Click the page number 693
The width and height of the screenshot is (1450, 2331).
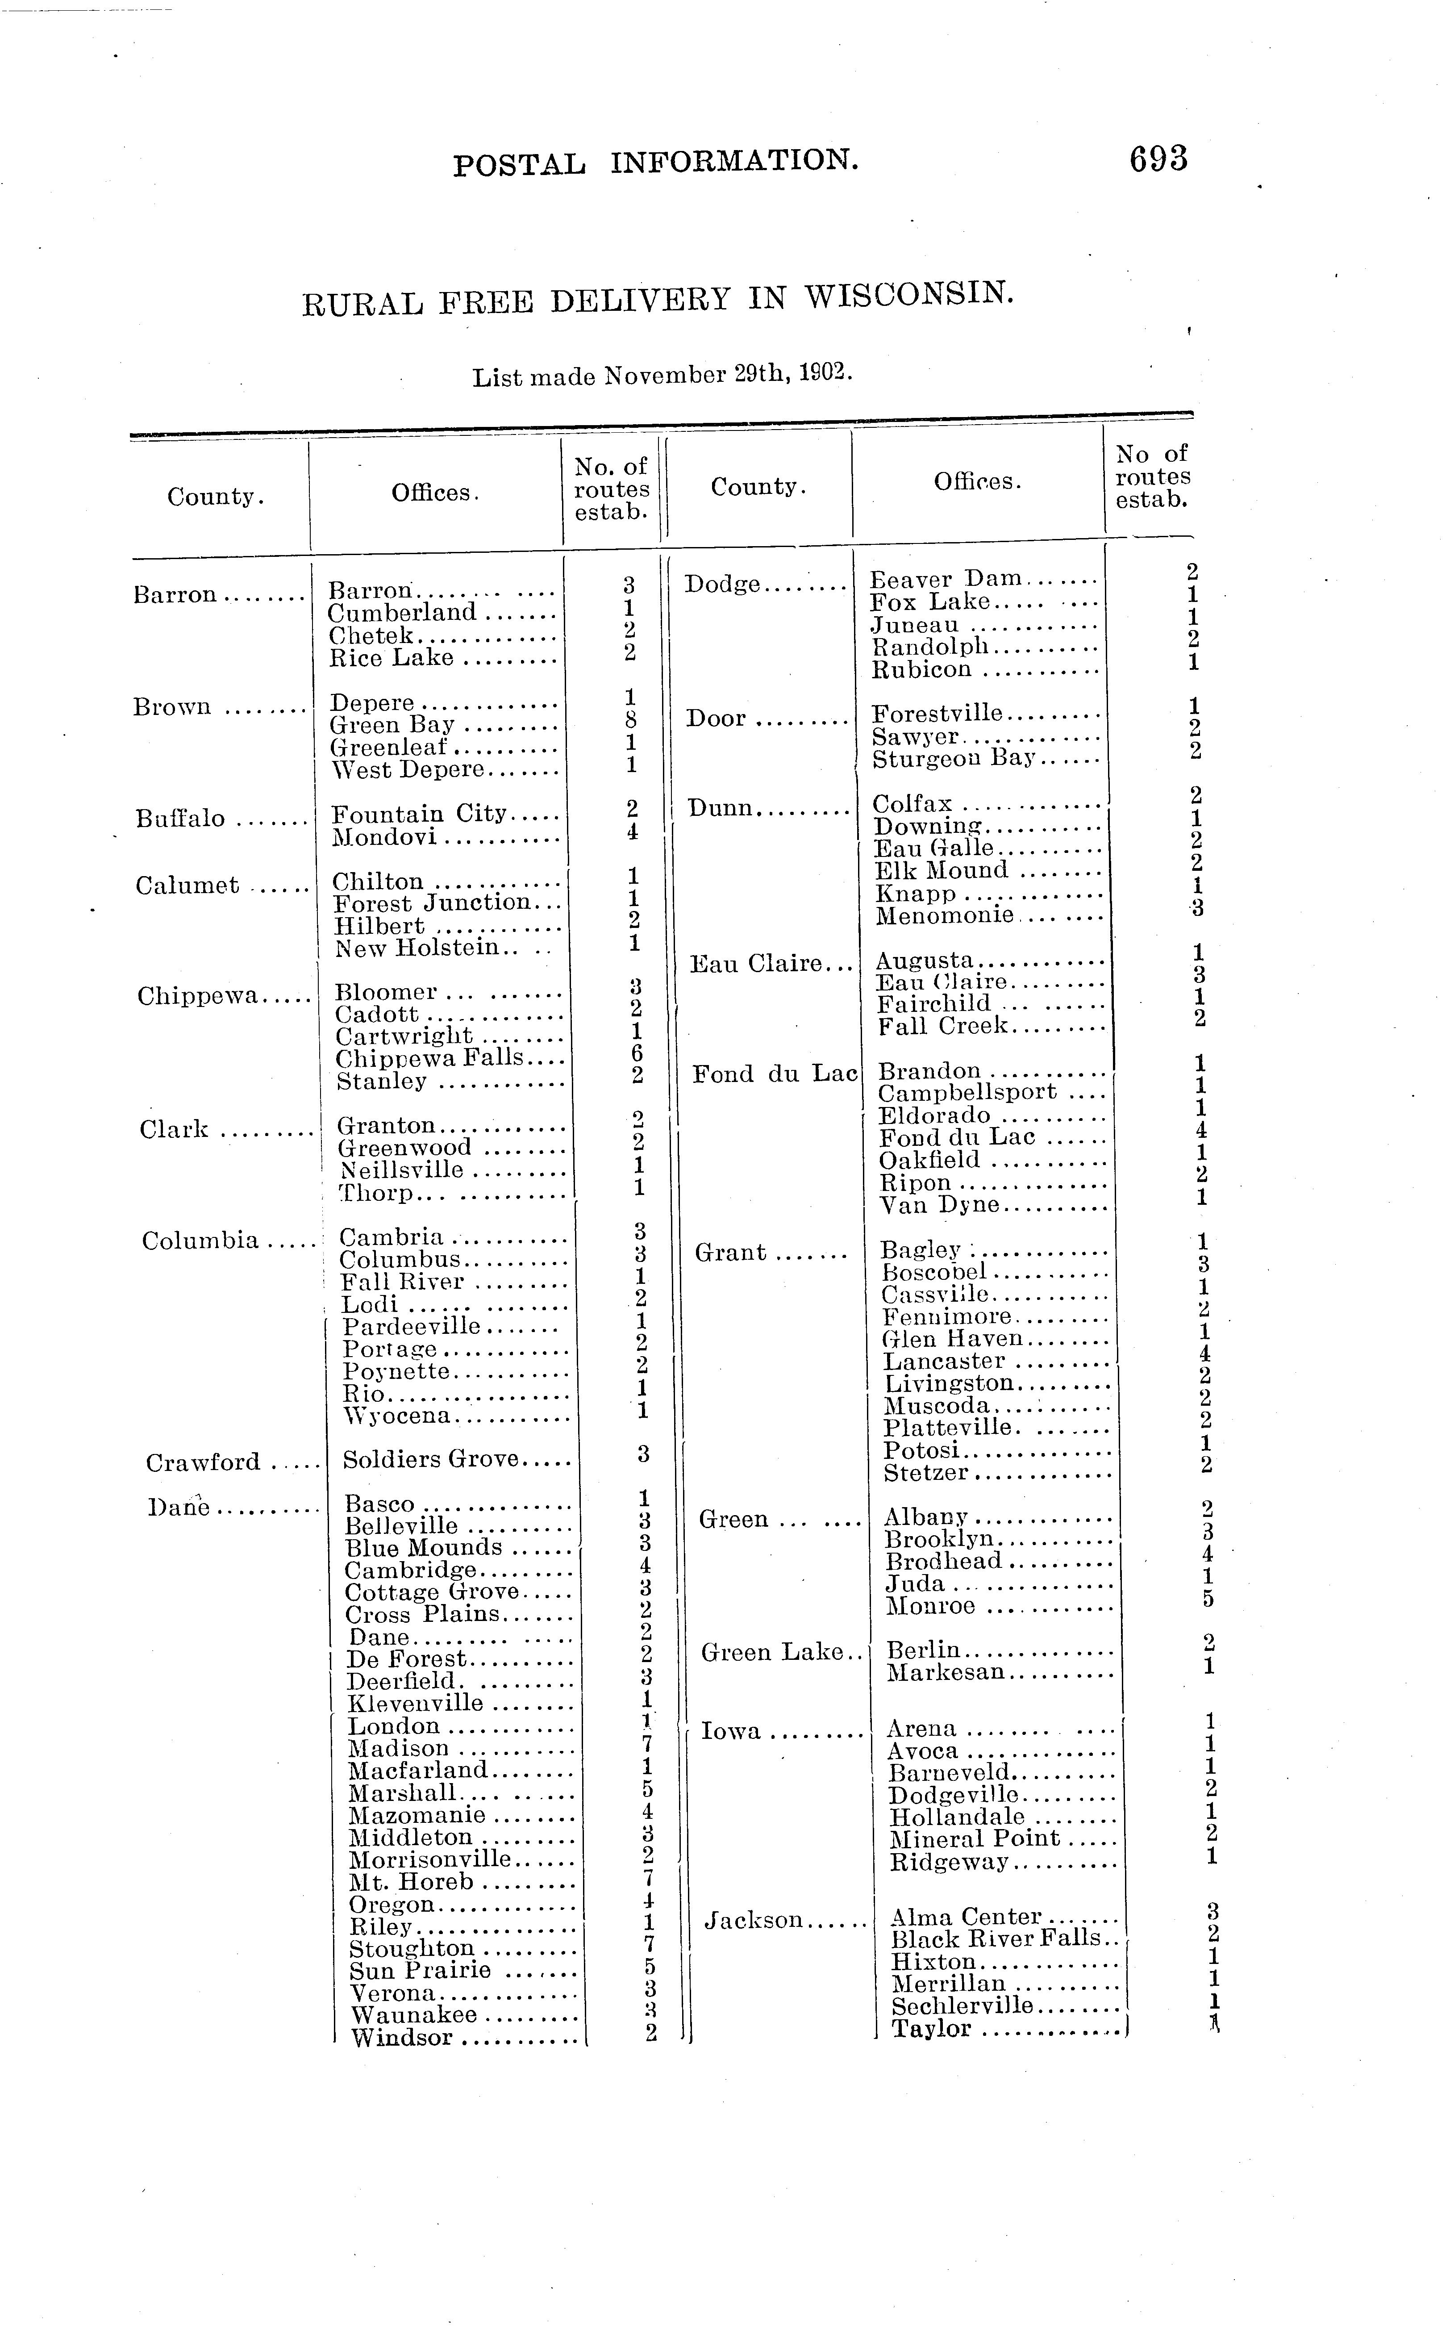point(1158,158)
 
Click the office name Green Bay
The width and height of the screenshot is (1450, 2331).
point(391,725)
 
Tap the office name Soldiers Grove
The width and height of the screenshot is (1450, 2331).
point(431,1459)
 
